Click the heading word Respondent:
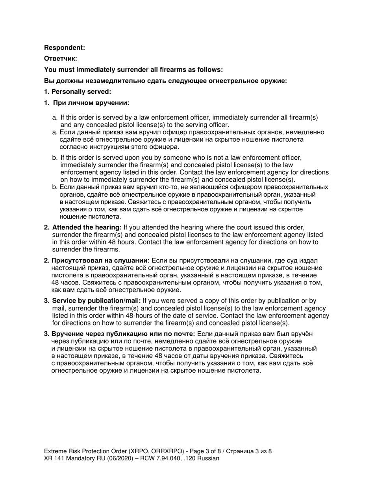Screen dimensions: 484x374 pos(64,48)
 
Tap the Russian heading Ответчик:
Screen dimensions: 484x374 pos(60,59)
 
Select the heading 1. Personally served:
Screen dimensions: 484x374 pos(78,92)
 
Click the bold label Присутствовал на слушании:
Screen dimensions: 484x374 pos(100,260)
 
